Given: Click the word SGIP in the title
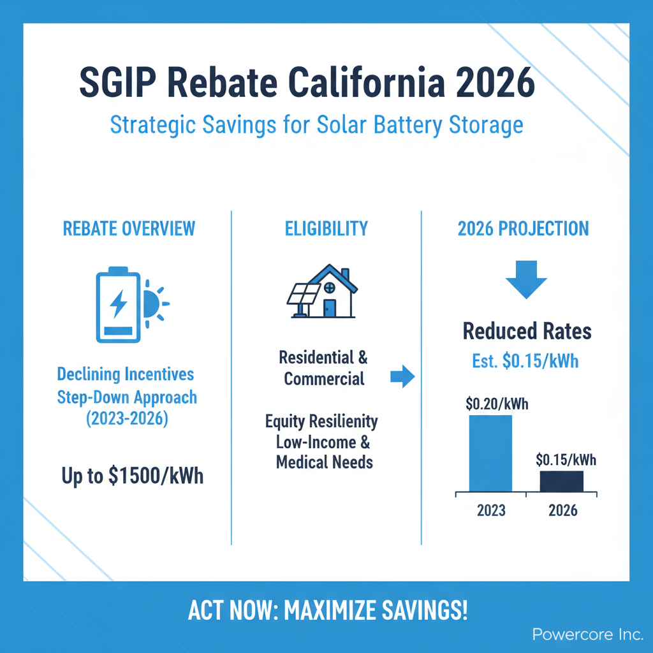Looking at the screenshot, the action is pos(118,82).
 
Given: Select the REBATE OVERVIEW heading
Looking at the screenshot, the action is pos(129,229).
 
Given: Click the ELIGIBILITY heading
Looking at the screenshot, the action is pos(326,229).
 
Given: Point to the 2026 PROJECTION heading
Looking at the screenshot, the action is pos(523,229).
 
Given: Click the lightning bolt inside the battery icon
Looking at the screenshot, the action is pos(118,304).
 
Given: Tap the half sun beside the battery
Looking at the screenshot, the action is pos(155,304).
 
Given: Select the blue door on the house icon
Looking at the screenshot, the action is pos(330,308).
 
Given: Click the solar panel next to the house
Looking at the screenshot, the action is pos(303,297).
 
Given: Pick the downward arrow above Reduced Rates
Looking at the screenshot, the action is pos(526,279).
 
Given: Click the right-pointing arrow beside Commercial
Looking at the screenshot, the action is pos(403,376).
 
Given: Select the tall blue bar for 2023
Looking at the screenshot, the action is pos(490,453).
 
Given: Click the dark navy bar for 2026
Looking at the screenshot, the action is pos(561,481).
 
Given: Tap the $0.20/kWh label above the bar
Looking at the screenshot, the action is pos(497,404).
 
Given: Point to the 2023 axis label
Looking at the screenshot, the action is pos(491,510).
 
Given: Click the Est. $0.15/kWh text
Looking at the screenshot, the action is pos(525,361).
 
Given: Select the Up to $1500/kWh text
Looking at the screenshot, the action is pos(133,476).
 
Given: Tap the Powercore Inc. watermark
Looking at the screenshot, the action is pos(587,635).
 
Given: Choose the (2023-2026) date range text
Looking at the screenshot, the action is pos(127,418).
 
